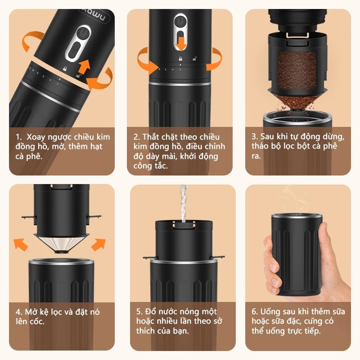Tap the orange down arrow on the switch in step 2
[181, 44]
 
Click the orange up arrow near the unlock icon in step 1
[84, 66]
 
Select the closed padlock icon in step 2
[180, 59]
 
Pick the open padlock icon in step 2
[195, 59]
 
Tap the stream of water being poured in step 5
[183, 203]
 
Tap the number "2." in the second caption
[137, 137]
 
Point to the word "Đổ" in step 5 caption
[150, 311]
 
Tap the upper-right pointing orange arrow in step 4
[99, 244]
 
